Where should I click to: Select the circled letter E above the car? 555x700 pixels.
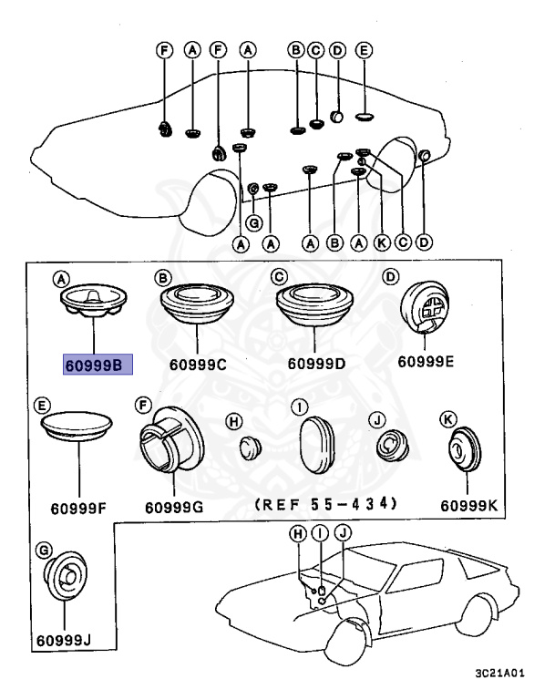click(x=363, y=52)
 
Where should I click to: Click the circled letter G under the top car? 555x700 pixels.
click(x=254, y=221)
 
